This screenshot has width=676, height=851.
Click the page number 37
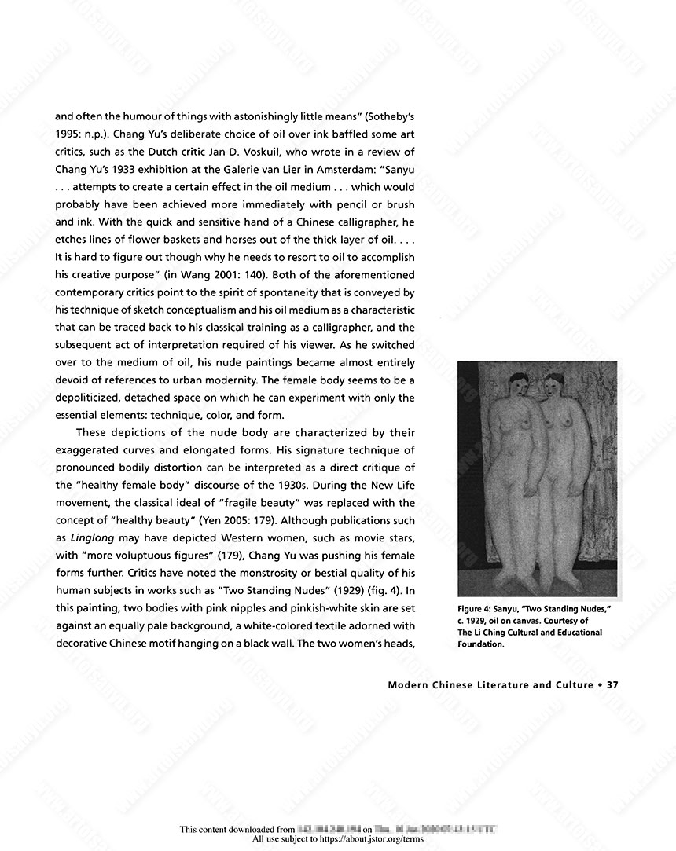point(613,684)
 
